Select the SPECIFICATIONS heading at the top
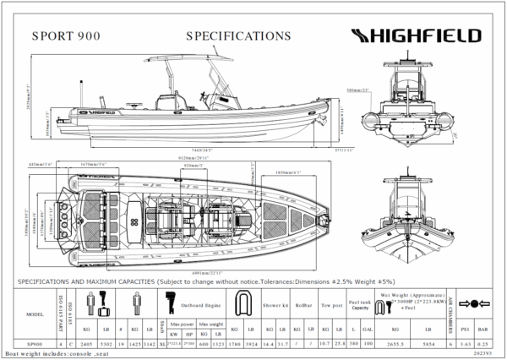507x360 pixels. click(x=237, y=36)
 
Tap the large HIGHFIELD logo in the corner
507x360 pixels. click(x=416, y=35)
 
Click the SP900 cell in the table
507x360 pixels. click(x=35, y=344)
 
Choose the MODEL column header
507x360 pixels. click(x=35, y=312)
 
